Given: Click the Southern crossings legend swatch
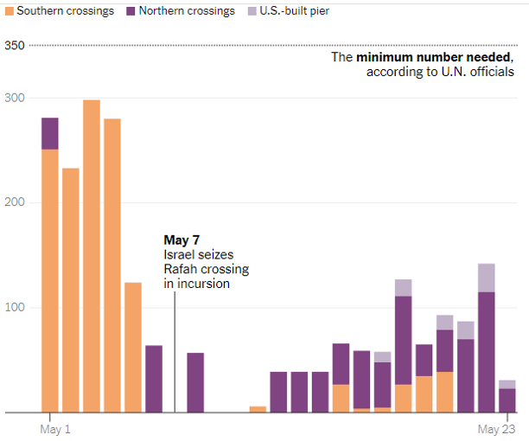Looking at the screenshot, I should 10,11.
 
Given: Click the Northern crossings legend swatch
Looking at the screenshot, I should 132,11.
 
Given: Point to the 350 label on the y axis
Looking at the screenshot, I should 15,45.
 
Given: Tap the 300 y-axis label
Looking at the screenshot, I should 15,98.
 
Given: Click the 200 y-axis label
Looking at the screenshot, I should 15,202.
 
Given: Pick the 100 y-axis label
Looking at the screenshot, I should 15,307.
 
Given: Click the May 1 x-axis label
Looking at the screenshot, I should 55,429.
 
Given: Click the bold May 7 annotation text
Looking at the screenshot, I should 182,240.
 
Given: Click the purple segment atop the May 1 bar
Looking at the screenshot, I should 50,133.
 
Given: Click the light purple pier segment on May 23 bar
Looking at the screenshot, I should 507,384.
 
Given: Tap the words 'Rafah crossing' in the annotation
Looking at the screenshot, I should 205,269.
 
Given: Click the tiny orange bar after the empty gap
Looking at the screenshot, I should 258,409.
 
